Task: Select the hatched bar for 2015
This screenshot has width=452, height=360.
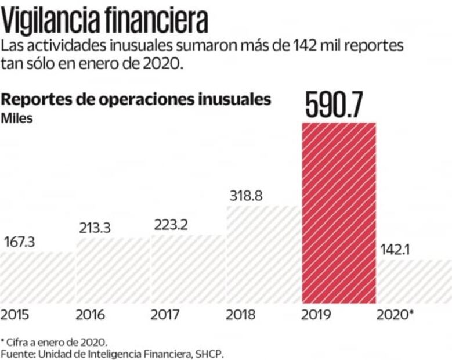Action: point(37,278)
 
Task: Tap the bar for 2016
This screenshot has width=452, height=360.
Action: point(113,271)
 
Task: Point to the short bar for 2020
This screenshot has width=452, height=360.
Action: point(414,282)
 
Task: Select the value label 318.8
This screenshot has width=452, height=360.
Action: point(246,196)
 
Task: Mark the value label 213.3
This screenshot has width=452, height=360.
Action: point(96,228)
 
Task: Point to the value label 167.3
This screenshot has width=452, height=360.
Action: point(19,242)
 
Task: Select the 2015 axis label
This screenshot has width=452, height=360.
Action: point(15,315)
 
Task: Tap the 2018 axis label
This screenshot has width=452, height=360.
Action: point(240,315)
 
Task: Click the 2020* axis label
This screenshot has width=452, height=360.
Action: point(395,315)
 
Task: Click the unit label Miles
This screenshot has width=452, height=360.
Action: point(17,119)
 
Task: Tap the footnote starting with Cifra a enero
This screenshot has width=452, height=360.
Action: point(56,341)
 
